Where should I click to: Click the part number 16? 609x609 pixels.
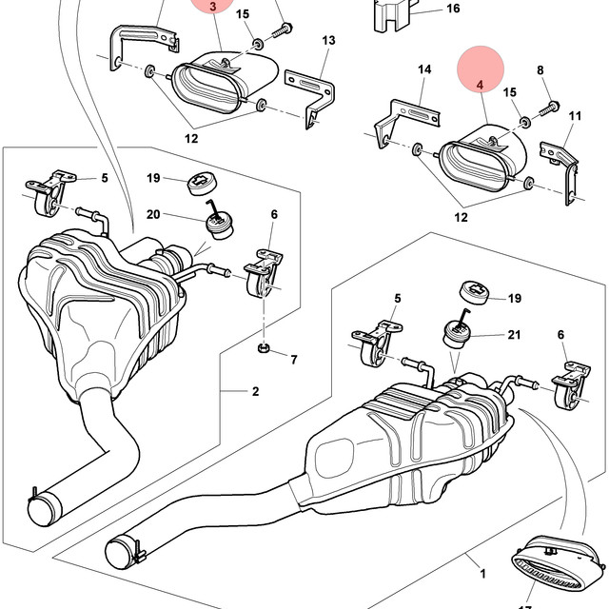pos(453,9)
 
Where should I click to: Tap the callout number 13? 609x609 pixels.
pos(328,40)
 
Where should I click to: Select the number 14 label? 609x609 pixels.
pos(424,69)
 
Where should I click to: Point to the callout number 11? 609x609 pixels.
pos(575,116)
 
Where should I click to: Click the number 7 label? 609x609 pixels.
pos(294,360)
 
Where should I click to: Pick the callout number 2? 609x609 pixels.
pos(255,391)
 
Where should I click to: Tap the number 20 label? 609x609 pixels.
pos(153,214)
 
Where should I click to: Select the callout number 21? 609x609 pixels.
pos(514,334)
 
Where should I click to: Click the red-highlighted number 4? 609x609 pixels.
pos(480,85)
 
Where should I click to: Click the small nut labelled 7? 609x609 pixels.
pos(264,347)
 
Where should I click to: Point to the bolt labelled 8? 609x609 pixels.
pos(549,108)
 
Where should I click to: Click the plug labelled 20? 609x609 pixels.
pos(220,223)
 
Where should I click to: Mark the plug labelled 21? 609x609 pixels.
pos(457,330)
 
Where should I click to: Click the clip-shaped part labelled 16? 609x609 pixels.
pos(393,15)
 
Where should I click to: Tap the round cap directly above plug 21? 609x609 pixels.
pos(474,292)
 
